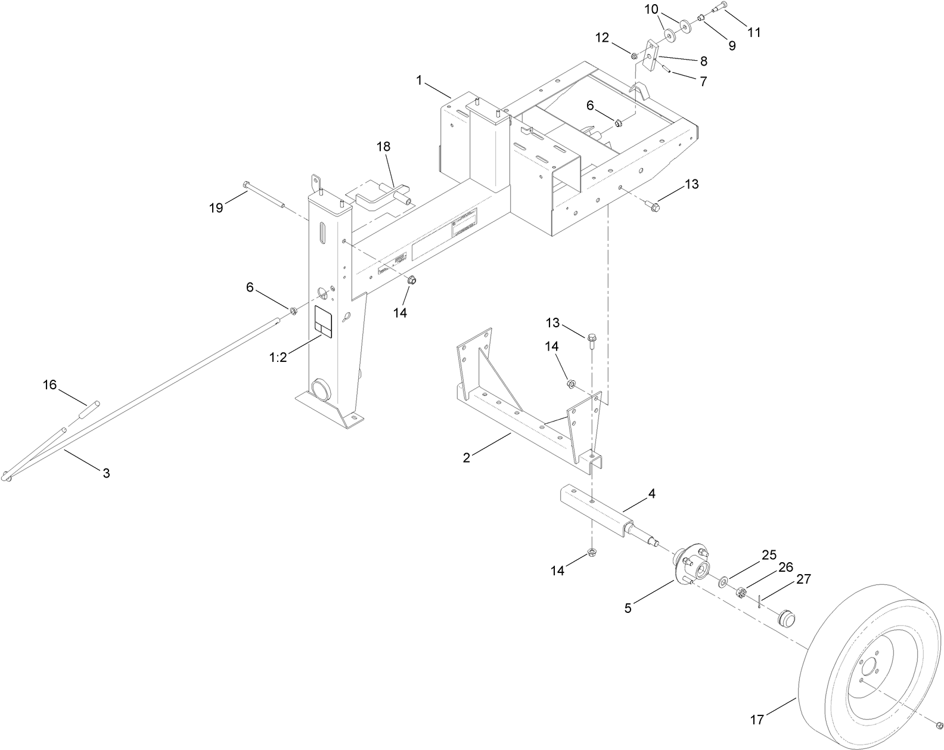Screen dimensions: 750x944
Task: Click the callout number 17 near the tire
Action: [756, 720]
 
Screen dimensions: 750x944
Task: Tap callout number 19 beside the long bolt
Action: [216, 207]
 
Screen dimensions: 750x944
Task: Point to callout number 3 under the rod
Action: [106, 473]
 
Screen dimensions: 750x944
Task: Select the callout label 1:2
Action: [278, 357]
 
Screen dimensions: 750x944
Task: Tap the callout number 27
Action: [803, 578]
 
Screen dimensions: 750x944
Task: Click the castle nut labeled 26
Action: [742, 593]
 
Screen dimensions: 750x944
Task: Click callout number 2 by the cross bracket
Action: [467, 457]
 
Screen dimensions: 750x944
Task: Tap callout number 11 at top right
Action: [754, 32]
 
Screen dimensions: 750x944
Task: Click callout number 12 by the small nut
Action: [603, 38]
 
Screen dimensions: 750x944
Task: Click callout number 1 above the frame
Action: [419, 80]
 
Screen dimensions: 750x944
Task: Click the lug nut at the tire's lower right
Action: [939, 725]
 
